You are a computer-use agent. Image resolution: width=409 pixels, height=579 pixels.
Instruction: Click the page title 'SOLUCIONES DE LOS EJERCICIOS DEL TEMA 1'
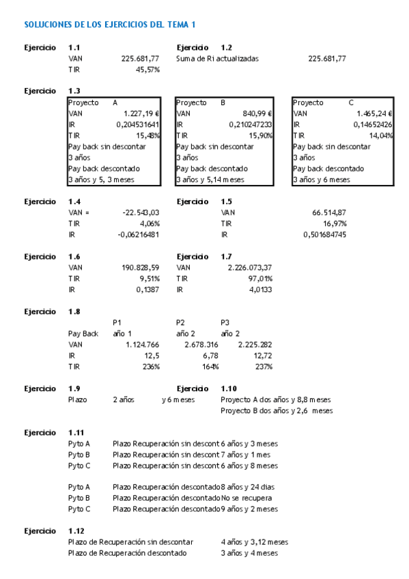click(110, 25)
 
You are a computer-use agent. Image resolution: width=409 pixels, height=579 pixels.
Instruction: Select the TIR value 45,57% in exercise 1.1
click(147, 70)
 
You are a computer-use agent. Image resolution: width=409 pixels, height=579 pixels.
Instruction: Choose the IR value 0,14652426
click(372, 124)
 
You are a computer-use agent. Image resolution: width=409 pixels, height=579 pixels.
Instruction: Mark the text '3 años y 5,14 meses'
click(210, 180)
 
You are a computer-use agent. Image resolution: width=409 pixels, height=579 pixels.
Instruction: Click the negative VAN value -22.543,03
click(141, 212)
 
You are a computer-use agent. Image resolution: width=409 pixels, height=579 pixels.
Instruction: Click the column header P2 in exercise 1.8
click(181, 322)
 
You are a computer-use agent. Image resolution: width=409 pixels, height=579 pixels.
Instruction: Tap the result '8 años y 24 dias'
click(247, 487)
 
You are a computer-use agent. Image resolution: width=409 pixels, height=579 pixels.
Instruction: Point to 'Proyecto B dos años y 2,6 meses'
click(277, 410)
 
